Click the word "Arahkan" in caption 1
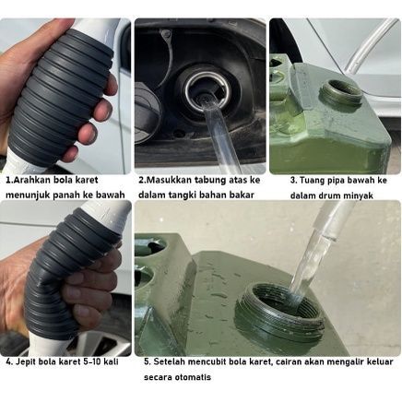click(28, 180)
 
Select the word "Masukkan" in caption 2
click(166, 180)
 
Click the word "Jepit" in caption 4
click(25, 361)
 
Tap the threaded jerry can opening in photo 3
click(341, 93)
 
